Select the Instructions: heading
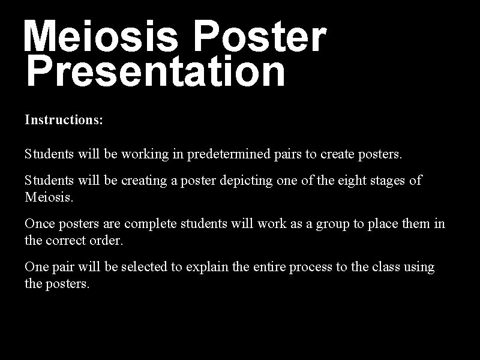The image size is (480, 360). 64,120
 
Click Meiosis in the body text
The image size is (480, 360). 49,197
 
